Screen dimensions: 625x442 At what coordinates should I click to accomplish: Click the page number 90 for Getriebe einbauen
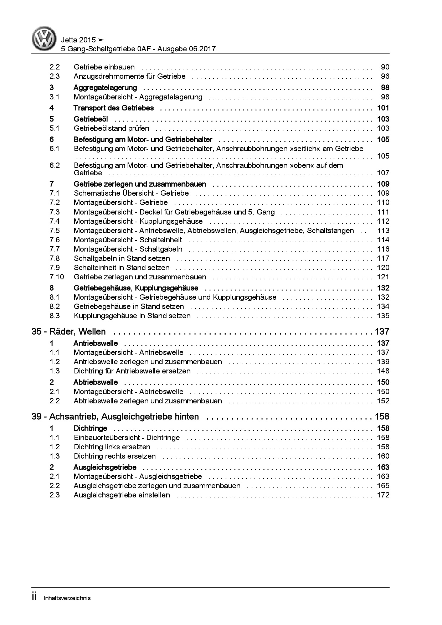385,67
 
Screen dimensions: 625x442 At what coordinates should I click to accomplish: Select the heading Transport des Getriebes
113,108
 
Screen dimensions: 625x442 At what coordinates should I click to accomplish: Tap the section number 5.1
55,128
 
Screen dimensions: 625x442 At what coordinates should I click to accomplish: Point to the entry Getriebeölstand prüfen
111,128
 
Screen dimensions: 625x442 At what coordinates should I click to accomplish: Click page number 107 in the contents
383,173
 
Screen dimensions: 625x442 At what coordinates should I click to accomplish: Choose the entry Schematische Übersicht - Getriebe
131,193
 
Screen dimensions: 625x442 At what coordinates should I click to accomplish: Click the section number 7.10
56,277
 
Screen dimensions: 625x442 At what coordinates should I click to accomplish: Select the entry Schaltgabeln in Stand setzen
122,258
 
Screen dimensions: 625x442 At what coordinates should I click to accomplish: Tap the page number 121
383,277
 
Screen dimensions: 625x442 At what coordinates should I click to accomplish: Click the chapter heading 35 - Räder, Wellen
69,331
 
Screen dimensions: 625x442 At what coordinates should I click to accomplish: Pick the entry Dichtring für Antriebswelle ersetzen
132,371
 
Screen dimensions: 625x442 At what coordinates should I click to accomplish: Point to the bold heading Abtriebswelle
96,382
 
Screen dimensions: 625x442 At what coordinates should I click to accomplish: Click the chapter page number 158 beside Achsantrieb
382,417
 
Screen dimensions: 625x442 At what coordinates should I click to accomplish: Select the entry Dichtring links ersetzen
112,447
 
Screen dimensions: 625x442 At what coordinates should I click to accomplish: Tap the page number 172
383,495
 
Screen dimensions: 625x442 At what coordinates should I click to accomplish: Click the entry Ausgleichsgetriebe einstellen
122,495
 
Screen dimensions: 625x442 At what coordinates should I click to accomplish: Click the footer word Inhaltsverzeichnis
67,598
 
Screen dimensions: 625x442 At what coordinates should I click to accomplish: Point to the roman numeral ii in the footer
35,597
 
